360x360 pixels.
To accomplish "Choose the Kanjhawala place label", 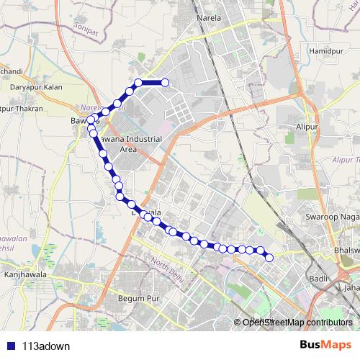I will pyautogui.click(x=24, y=273).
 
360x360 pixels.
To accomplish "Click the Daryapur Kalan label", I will pyautogui.click(x=37, y=87).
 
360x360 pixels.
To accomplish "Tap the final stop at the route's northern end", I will pyautogui.click(x=165, y=82).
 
